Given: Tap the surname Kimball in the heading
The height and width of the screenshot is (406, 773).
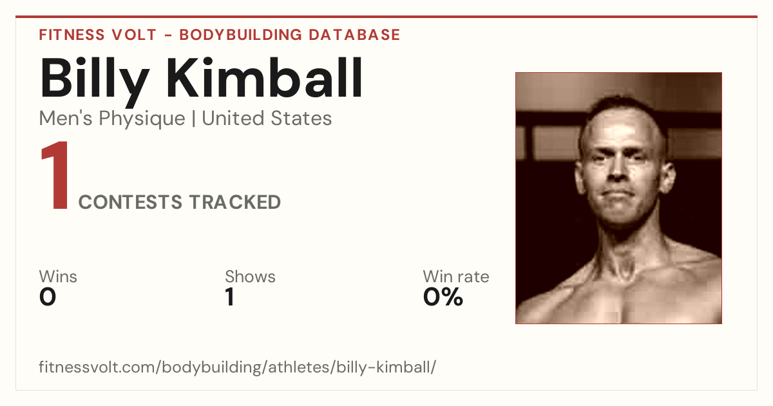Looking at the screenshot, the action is point(264,77).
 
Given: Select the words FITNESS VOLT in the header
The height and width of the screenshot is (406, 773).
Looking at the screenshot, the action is point(98,35).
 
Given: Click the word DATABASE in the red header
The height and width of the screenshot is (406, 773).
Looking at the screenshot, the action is point(354,35).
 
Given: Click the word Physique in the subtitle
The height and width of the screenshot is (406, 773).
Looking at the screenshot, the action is point(142,119).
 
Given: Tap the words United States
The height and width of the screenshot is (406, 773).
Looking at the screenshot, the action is point(267,118).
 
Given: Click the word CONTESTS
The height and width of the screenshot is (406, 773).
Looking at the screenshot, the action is point(130,202).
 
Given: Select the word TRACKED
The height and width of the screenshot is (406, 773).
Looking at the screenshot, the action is point(235,202).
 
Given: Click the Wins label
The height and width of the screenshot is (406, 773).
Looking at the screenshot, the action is point(58,276).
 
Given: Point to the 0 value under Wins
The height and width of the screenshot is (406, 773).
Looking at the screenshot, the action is point(48,297).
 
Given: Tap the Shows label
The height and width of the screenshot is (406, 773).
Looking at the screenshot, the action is point(250,276).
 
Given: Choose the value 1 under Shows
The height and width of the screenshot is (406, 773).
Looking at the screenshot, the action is point(230,297).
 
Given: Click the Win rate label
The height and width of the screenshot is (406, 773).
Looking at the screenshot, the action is point(456,276).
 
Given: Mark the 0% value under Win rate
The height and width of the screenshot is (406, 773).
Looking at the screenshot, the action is point(443,297).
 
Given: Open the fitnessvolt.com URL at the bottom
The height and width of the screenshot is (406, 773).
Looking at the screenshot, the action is point(238,367).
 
